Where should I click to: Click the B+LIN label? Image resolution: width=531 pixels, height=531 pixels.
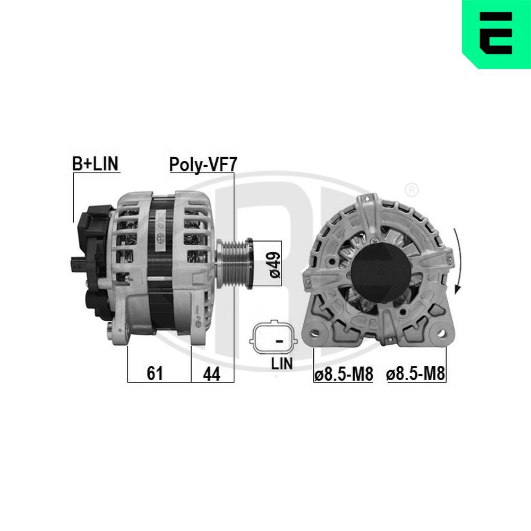pyautogui.click(x=96, y=164)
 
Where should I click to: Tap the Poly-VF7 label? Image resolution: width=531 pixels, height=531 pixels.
pyautogui.click(x=202, y=164)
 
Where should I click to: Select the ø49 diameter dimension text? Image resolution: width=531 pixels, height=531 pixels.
pyautogui.click(x=275, y=264)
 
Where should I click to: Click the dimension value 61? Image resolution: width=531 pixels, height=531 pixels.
pyautogui.click(x=154, y=373)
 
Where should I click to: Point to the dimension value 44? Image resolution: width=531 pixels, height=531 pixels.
pyautogui.click(x=211, y=373)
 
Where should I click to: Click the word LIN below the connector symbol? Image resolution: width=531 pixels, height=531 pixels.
pyautogui.click(x=281, y=363)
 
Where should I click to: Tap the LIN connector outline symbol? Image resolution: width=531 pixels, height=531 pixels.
pyautogui.click(x=275, y=338)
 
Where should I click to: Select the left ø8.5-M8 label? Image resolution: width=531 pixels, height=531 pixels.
pyautogui.click(x=344, y=374)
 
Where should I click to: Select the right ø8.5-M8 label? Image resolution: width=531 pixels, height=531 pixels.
pyautogui.click(x=416, y=374)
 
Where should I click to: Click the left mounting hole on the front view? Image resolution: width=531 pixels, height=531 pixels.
pyautogui.click(x=315, y=334)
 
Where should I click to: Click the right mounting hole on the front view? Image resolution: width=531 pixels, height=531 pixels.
pyautogui.click(x=440, y=334)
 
